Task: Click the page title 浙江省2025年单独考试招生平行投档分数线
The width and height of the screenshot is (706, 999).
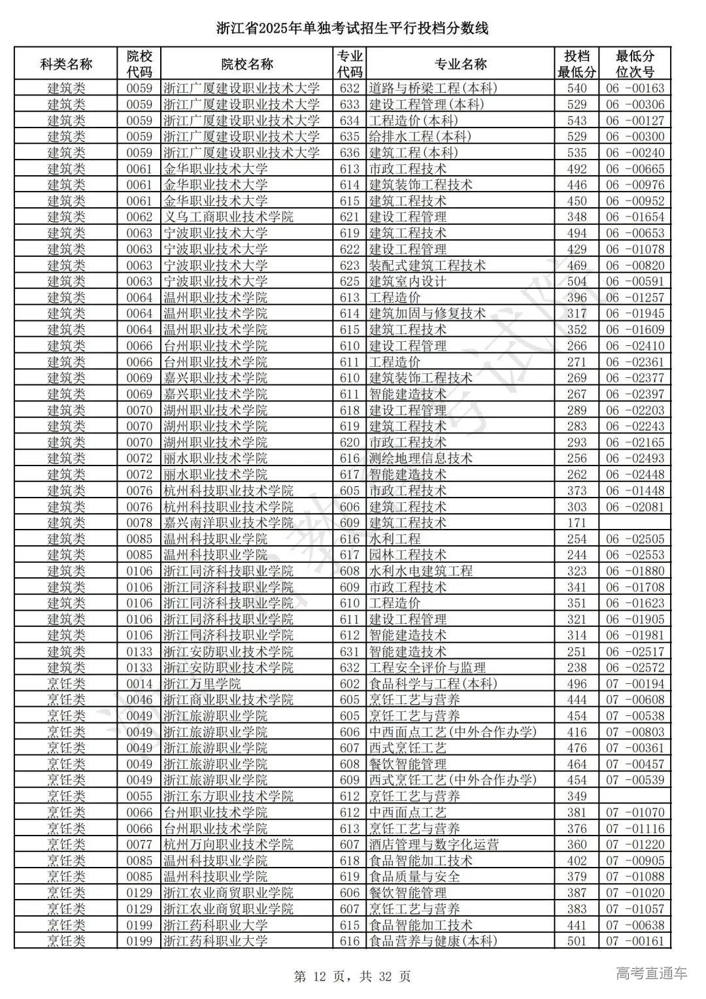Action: click(x=352, y=28)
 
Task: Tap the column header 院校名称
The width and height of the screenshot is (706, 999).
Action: click(x=247, y=64)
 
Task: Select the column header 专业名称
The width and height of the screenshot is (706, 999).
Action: click(x=461, y=64)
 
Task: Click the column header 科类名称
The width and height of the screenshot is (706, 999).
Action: click(x=66, y=64)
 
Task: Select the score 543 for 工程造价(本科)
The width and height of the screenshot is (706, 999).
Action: click(x=577, y=120)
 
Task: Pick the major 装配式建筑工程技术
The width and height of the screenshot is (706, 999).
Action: click(x=427, y=265)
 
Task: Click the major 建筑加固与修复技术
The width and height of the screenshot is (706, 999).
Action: click(x=427, y=314)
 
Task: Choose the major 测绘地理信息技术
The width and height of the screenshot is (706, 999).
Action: click(x=420, y=458)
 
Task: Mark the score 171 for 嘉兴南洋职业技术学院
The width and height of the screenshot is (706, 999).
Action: click(x=577, y=523)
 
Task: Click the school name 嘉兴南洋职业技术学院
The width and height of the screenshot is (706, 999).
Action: click(x=228, y=523)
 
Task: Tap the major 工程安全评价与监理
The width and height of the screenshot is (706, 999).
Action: click(x=427, y=668)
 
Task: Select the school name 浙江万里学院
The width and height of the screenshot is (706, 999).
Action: click(x=202, y=684)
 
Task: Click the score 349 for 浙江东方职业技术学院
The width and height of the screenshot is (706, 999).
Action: click(x=577, y=796)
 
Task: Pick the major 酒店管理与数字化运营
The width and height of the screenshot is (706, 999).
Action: click(x=433, y=845)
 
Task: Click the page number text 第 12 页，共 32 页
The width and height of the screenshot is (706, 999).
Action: click(x=352, y=977)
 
